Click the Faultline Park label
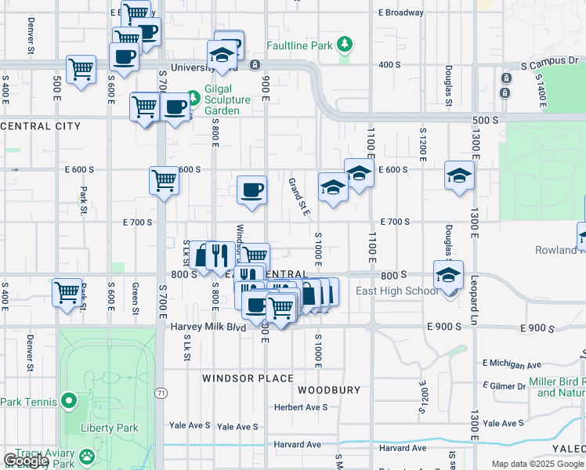[299, 46]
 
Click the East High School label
[397, 291]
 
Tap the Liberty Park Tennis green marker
[69, 402]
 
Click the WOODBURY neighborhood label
[329, 389]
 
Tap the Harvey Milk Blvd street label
[208, 327]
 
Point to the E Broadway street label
[400, 13]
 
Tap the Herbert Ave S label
[300, 407]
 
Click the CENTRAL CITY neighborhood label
[41, 125]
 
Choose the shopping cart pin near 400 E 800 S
[67, 291]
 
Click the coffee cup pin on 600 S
[251, 190]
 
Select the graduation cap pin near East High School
[449, 275]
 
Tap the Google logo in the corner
[25, 461]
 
